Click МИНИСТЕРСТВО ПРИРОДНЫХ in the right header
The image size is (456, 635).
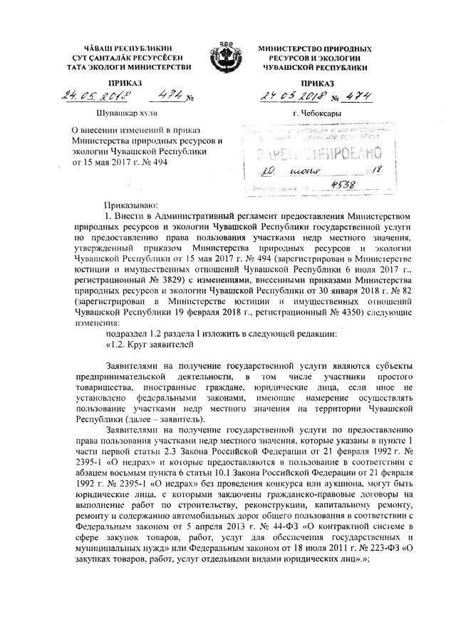pyautogui.click(x=314, y=46)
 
